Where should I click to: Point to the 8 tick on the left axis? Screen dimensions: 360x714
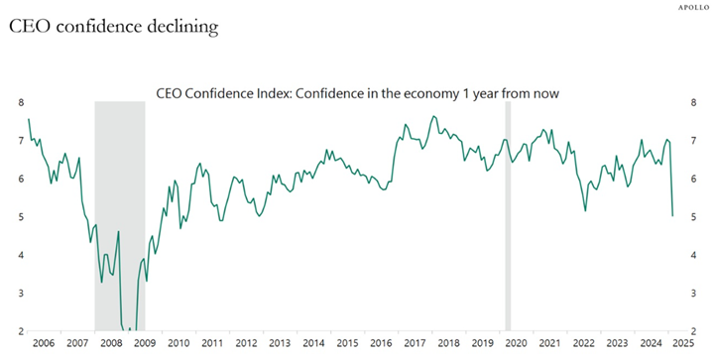pos(20,102)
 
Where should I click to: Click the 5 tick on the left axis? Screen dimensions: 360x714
pos(20,217)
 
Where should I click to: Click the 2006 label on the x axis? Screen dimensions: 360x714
pos(43,342)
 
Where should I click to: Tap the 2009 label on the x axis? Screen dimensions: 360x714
pos(144,342)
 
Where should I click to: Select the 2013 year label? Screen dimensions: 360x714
pos(280,342)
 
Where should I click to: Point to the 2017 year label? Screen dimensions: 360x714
pos(415,342)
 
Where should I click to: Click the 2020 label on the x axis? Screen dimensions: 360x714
pos(516,342)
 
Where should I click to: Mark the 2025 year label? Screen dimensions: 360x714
pos(684,342)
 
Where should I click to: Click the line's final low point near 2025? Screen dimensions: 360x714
pos(672,215)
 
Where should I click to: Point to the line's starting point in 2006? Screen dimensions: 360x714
pos(29,119)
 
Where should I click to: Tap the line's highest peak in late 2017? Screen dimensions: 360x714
pos(433,116)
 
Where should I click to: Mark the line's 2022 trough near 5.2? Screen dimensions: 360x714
pos(585,210)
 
